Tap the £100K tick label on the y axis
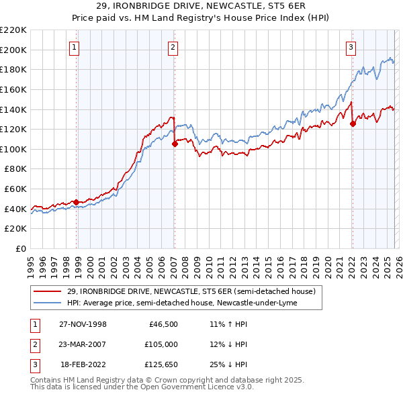(x=14, y=149)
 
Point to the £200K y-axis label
(x=14, y=50)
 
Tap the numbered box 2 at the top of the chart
(x=173, y=47)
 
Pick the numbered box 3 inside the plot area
(x=351, y=47)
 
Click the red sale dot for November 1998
(x=77, y=202)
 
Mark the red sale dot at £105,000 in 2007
(x=175, y=144)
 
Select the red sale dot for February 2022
(x=353, y=123)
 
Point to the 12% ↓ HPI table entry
(x=228, y=346)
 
